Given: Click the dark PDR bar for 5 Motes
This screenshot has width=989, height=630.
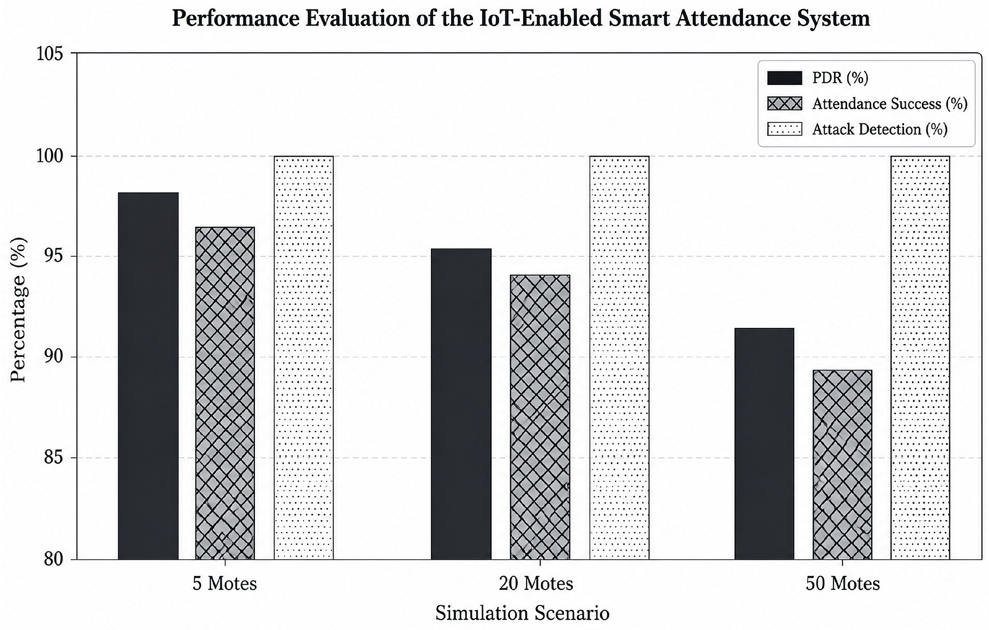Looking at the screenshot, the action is click(x=148, y=376).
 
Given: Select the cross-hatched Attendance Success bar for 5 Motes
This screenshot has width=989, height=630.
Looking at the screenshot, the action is click(x=225, y=393).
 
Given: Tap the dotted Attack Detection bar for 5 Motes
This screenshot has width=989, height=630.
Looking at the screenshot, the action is click(x=304, y=357).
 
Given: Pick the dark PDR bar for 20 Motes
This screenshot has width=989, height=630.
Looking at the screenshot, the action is click(x=461, y=404).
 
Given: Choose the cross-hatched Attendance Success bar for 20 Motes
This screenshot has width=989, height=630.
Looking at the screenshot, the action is click(x=540, y=417).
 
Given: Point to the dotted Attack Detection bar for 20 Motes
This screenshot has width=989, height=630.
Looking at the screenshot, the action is click(x=619, y=357).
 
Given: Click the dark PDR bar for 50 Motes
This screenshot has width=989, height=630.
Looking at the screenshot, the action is click(x=765, y=444).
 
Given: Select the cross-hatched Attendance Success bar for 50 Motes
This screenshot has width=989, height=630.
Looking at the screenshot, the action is click(x=842, y=465).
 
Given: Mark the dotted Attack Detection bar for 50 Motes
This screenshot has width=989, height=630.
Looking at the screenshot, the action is click(x=920, y=357).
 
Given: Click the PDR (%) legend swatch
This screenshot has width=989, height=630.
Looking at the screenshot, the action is click(x=784, y=78).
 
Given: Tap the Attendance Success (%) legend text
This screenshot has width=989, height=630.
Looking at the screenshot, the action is click(x=890, y=104).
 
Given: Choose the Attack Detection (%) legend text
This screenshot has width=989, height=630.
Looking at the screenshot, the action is click(x=880, y=129).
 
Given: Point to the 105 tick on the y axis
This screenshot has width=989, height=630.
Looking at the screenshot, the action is click(x=74, y=53).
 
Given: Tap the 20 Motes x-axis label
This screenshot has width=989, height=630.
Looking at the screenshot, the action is click(x=536, y=583).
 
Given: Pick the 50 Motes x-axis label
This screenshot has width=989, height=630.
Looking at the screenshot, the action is click(x=843, y=583).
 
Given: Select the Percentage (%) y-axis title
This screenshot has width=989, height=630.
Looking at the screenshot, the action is click(x=18, y=310).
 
